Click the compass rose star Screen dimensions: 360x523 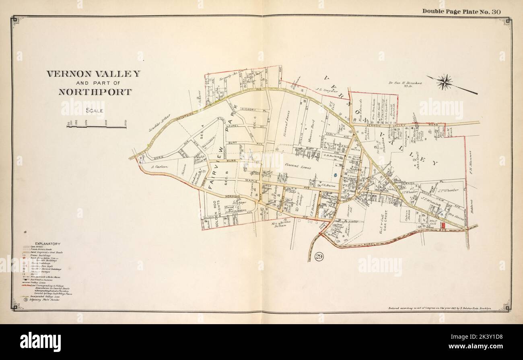(x=444, y=82)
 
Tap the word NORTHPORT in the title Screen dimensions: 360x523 (x=95, y=92)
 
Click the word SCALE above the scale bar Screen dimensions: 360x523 (x=95, y=111)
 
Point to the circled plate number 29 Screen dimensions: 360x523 (x=320, y=257)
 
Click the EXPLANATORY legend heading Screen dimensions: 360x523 (x=48, y=244)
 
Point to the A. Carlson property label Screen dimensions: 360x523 (x=159, y=166)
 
